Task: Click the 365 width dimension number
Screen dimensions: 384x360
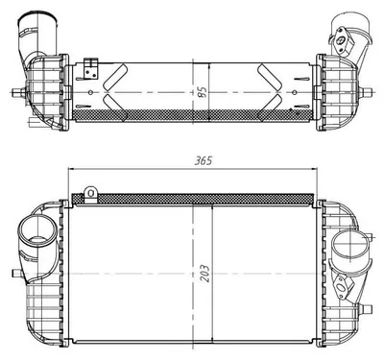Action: pos(204,160)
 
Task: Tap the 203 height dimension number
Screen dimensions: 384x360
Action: pos(205,274)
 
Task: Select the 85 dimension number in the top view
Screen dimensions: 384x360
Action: pos(203,91)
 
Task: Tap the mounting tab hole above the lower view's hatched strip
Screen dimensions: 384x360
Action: pos(91,193)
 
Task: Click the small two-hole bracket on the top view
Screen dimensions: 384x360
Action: pos(90,69)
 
